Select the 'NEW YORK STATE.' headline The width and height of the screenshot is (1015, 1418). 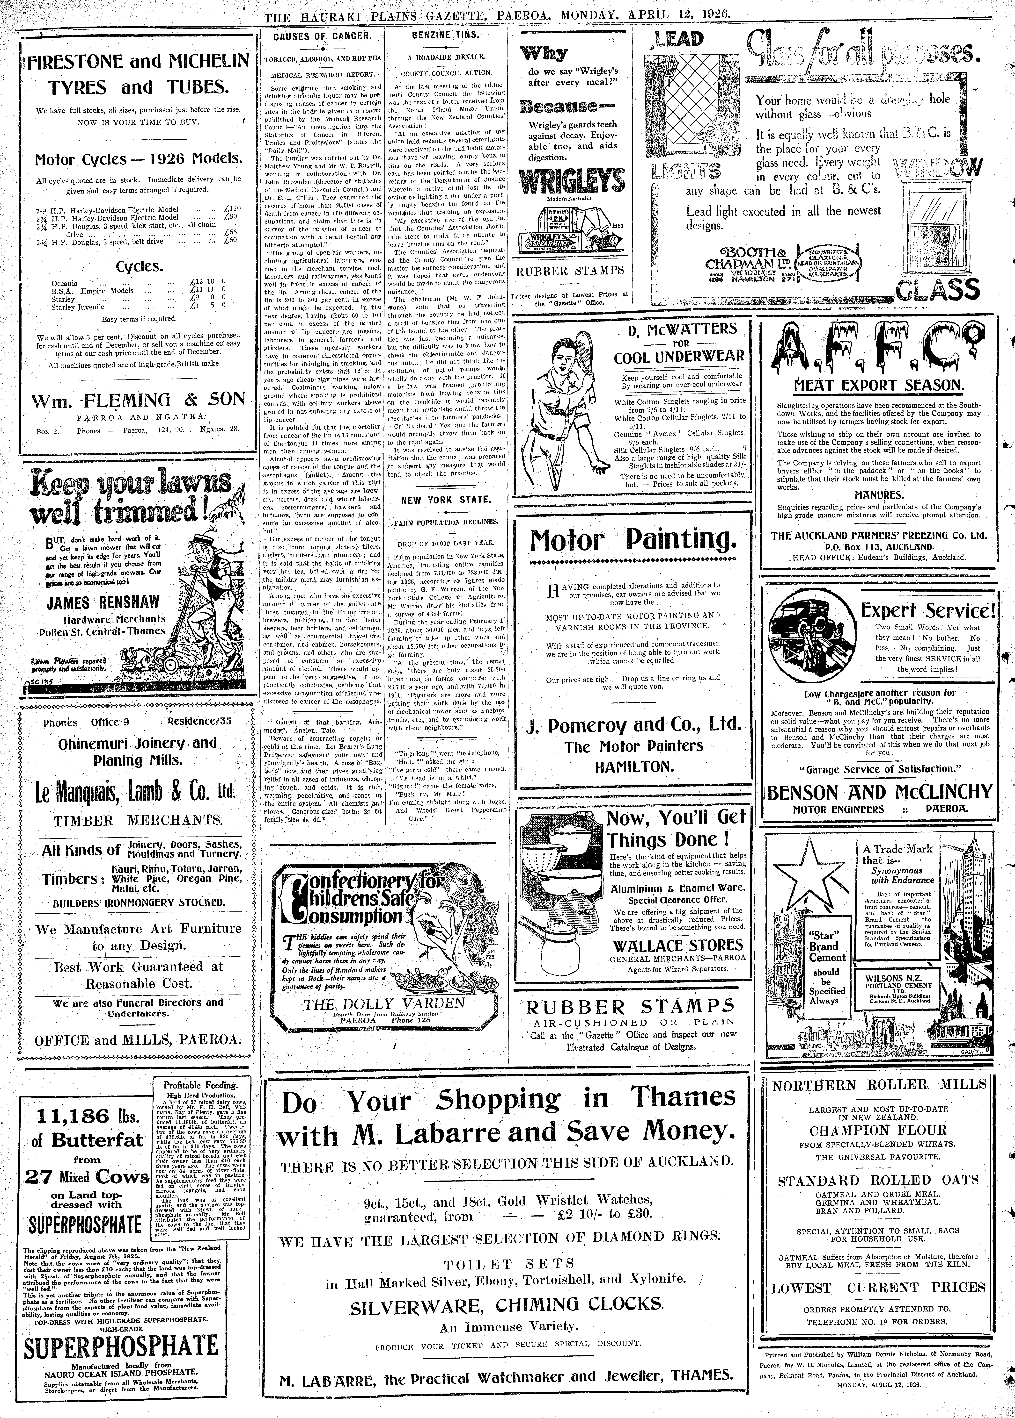pyautogui.click(x=446, y=500)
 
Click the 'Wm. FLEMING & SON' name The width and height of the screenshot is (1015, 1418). pyautogui.click(x=139, y=400)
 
